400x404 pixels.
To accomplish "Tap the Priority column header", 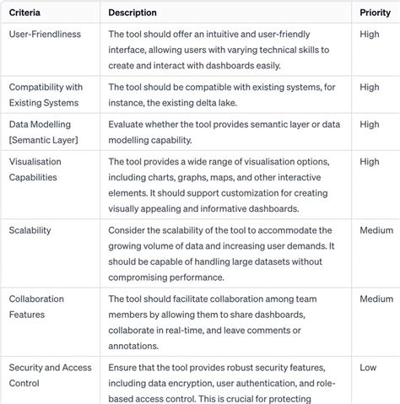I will pyautogui.click(x=375, y=13).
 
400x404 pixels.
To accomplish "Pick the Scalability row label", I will pyautogui.click(x=30, y=230).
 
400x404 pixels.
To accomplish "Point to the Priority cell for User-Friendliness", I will pyautogui.click(x=369, y=34).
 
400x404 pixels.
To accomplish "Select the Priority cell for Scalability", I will pyautogui.click(x=376, y=230).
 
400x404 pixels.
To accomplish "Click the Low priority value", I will pyautogui.click(x=368, y=368).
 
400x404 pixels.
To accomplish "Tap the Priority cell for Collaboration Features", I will pyautogui.click(x=376, y=299).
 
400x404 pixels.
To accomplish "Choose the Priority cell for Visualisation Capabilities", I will pyautogui.click(x=369, y=161).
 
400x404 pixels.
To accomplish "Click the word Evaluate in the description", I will pyautogui.click(x=130, y=124).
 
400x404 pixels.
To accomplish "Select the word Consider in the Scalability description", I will pyautogui.click(x=131, y=230).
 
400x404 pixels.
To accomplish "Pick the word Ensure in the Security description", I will pyautogui.click(x=127, y=368).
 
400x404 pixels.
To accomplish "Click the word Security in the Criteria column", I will pyautogui.click(x=29, y=368).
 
